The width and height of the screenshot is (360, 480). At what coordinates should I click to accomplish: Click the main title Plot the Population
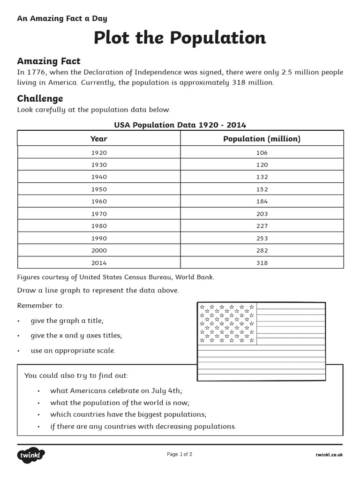180,38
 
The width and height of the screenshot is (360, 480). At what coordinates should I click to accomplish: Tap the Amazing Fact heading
49,61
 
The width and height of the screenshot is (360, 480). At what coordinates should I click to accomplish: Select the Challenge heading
40,98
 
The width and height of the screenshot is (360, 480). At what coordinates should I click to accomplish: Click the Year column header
99,139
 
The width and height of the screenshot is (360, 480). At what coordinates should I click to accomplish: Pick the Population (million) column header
262,139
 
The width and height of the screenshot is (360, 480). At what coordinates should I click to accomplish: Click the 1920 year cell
99,153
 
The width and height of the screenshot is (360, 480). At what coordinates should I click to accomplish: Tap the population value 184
262,202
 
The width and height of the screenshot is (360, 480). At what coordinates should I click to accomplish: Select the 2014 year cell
99,263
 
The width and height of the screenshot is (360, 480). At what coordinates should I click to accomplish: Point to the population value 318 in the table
262,263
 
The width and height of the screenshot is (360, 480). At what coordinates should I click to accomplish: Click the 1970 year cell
99,214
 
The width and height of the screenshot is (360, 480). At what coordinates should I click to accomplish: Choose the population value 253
262,238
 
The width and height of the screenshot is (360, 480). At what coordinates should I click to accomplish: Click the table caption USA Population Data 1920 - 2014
180,125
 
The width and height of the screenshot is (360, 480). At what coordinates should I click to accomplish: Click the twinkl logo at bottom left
31,455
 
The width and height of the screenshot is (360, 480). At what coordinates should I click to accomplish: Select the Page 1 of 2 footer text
180,454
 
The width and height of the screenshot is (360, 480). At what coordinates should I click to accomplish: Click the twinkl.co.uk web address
329,455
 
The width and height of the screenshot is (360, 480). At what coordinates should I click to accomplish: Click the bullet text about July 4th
116,390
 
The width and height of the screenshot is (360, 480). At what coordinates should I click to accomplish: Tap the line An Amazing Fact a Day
62,19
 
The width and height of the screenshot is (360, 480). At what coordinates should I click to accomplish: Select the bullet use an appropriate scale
73,351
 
